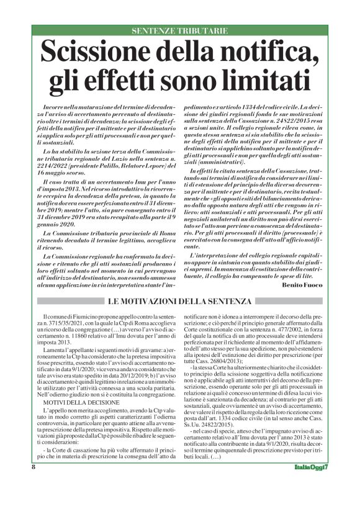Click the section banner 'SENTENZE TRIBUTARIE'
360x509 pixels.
pos(180,30)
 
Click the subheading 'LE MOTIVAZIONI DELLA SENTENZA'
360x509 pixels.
pos(180,302)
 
